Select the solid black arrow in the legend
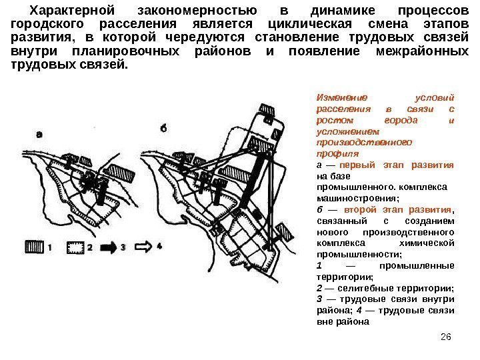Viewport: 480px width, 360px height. (109, 246)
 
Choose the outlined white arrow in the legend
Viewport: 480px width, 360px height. (145, 246)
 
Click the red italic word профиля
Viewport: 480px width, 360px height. (334, 154)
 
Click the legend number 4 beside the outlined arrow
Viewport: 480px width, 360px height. (159, 246)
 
